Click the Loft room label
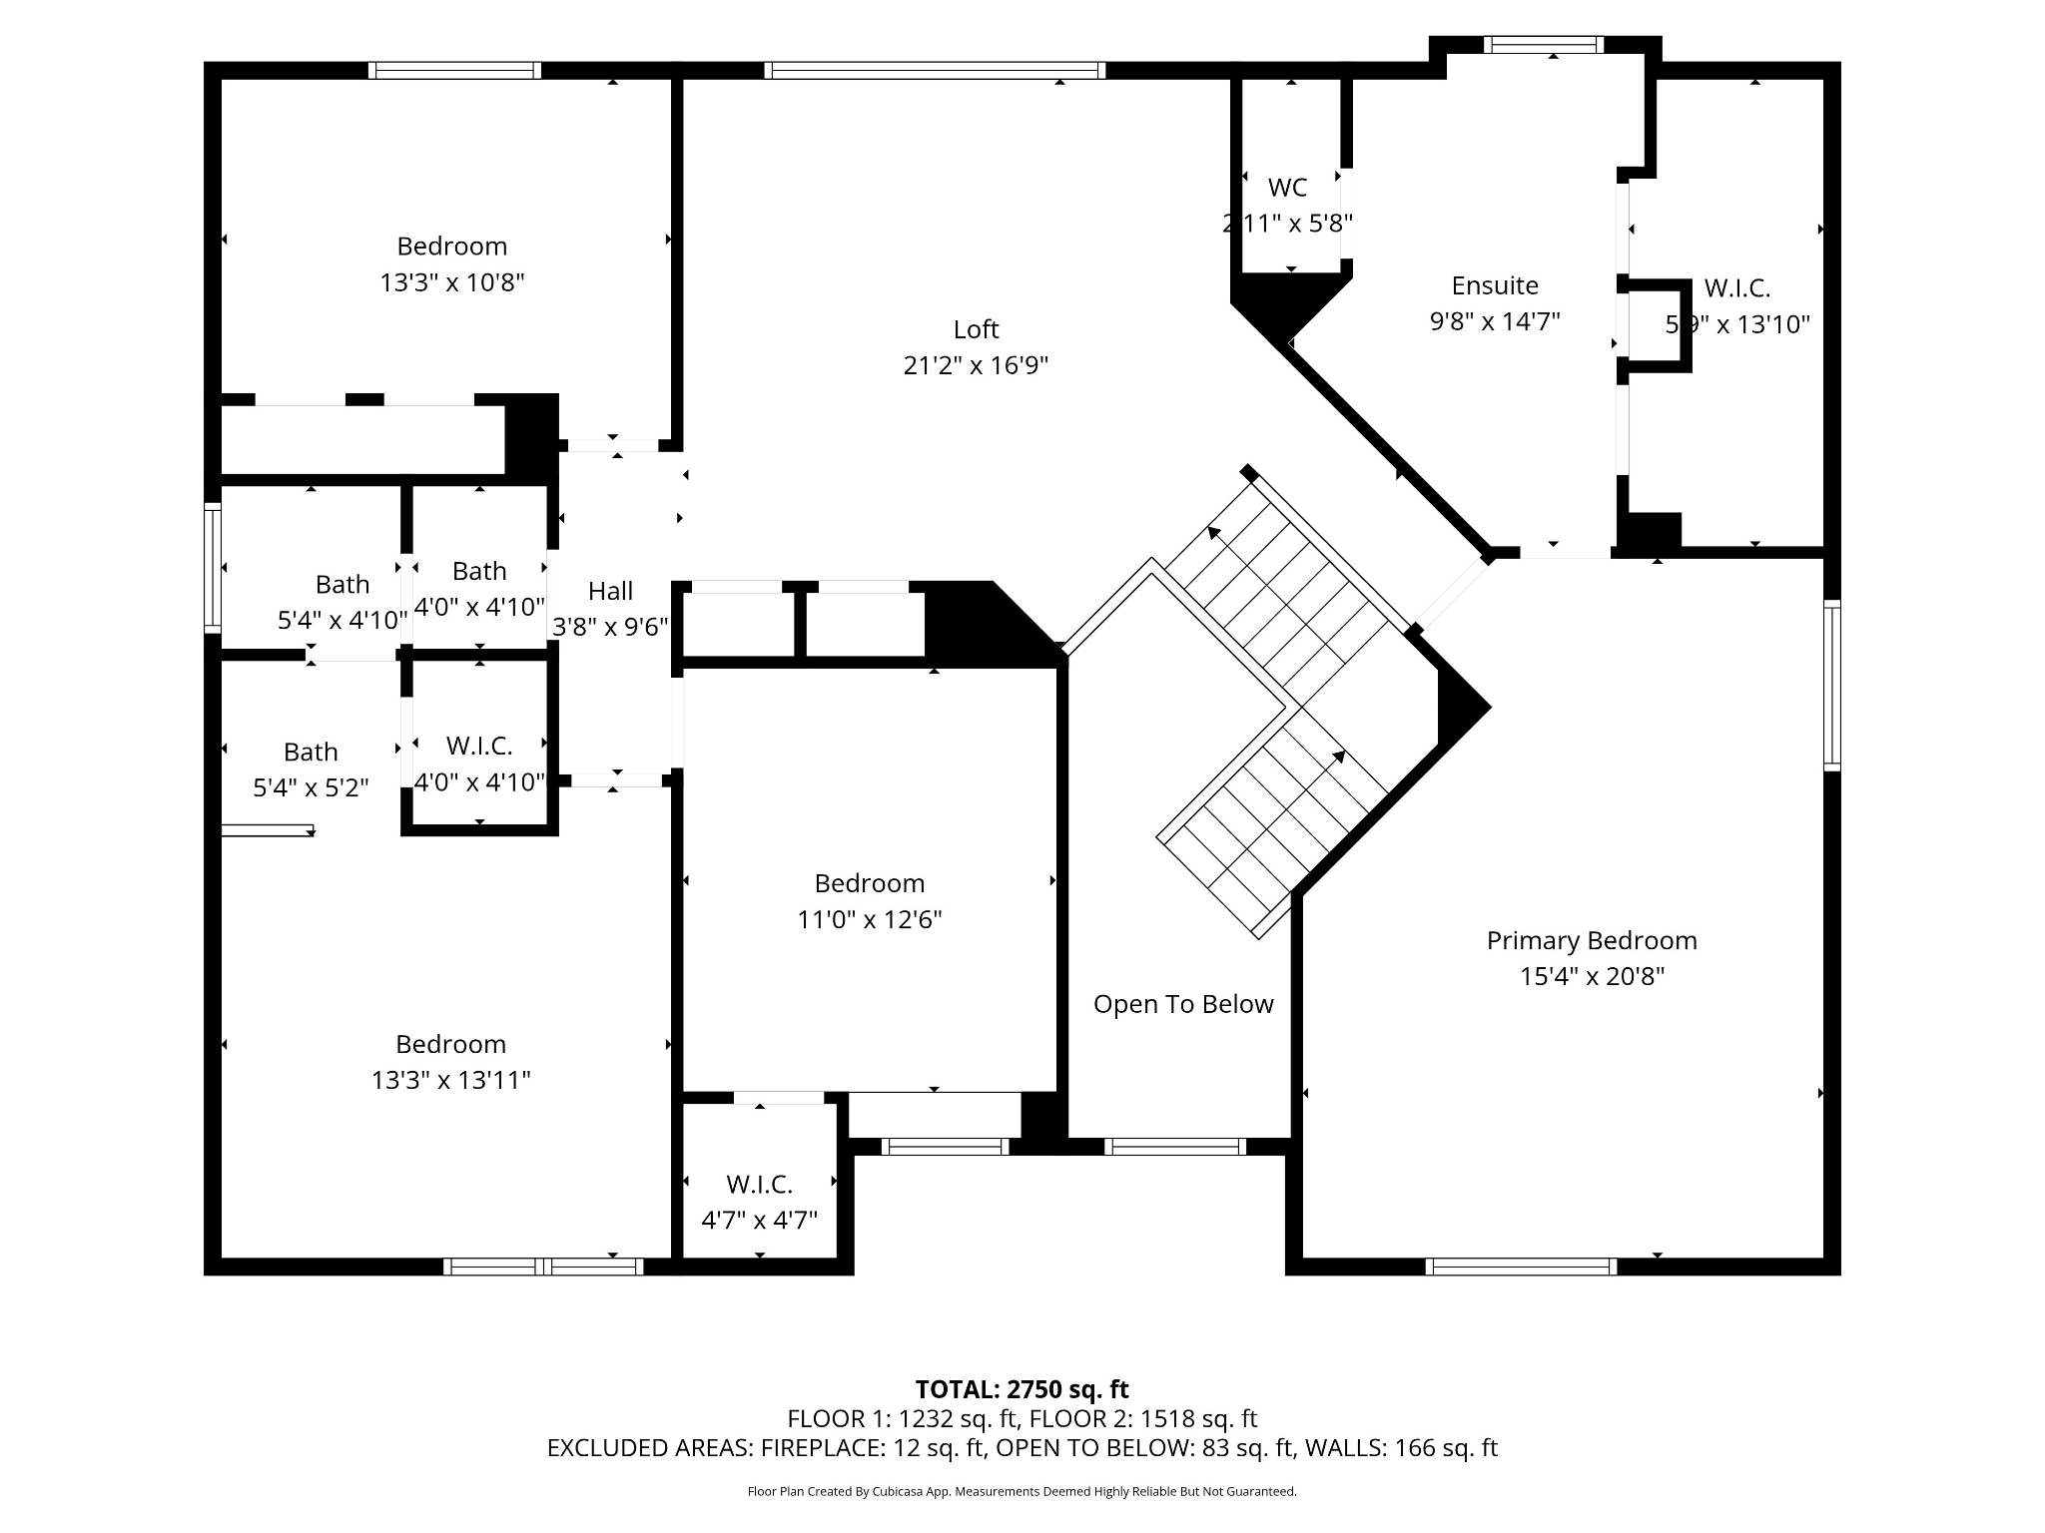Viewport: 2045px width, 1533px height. [x=976, y=329]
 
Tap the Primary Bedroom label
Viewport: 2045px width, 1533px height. [x=1591, y=940]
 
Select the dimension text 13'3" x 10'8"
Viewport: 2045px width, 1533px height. [x=451, y=282]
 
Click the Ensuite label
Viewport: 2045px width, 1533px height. [x=1494, y=285]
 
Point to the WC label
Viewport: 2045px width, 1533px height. [x=1287, y=188]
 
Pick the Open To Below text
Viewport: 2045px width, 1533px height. [x=1182, y=1004]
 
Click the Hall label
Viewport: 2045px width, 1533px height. [x=610, y=591]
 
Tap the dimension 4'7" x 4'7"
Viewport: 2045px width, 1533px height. [x=759, y=1220]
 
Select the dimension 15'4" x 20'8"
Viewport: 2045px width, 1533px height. [x=1591, y=976]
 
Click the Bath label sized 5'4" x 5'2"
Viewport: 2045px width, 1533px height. [x=311, y=752]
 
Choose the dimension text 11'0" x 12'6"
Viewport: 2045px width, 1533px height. [x=869, y=919]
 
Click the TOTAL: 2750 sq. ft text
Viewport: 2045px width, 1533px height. [x=1022, y=1389]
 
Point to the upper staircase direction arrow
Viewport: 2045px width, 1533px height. [x=1214, y=532]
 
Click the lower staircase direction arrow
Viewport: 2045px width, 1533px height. [x=1339, y=757]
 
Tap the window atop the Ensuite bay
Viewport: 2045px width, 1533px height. [x=1543, y=44]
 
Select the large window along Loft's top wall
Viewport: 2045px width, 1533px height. [x=935, y=70]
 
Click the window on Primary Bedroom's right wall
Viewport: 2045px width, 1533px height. [x=1831, y=685]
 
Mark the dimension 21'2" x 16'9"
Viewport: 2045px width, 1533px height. [x=976, y=365]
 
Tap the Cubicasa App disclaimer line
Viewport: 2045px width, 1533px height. [x=1022, y=1492]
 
